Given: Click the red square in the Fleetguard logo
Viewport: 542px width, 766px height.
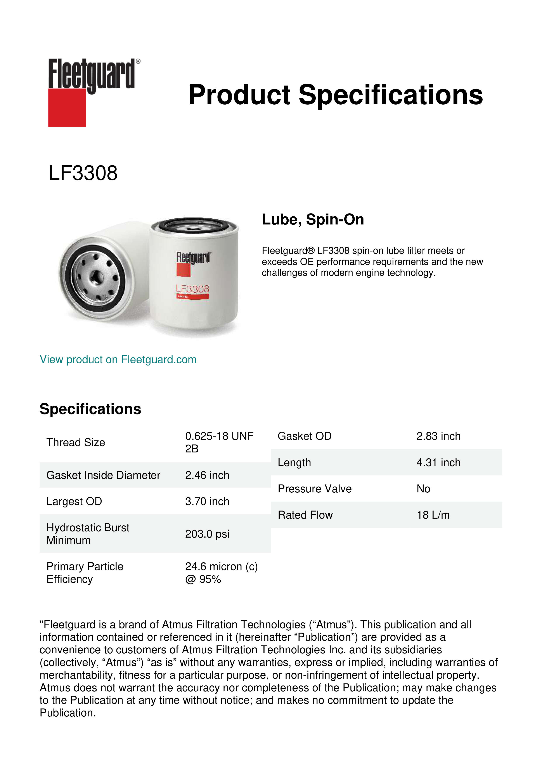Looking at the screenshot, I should coord(67,107).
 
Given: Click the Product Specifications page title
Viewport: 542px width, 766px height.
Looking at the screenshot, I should coord(335,95).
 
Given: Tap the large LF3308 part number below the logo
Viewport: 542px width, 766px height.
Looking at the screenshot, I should coord(83,173).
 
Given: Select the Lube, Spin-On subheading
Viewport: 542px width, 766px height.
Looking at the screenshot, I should coord(313,219).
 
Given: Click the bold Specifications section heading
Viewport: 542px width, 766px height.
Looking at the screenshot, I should coord(90,409).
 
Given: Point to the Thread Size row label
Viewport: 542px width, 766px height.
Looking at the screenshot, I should coord(76,442).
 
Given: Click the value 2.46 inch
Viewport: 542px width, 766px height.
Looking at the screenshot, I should coord(207,475).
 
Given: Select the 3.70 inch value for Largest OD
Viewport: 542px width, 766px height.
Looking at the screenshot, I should coord(207,501).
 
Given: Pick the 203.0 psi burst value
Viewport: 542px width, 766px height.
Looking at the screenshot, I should coord(207,534).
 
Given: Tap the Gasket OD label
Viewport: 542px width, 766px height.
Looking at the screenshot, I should coord(304,436).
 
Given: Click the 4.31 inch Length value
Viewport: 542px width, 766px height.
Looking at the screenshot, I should coord(438,462).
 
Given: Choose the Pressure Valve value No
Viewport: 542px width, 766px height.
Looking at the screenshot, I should coord(423,489).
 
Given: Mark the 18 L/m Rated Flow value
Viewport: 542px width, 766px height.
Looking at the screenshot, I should coord(433,515).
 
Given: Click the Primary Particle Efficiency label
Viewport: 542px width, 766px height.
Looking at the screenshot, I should coord(85,573).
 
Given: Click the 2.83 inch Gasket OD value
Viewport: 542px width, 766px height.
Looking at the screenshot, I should coord(438,436).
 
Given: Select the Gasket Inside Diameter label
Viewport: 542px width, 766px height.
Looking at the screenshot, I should coord(103,475).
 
